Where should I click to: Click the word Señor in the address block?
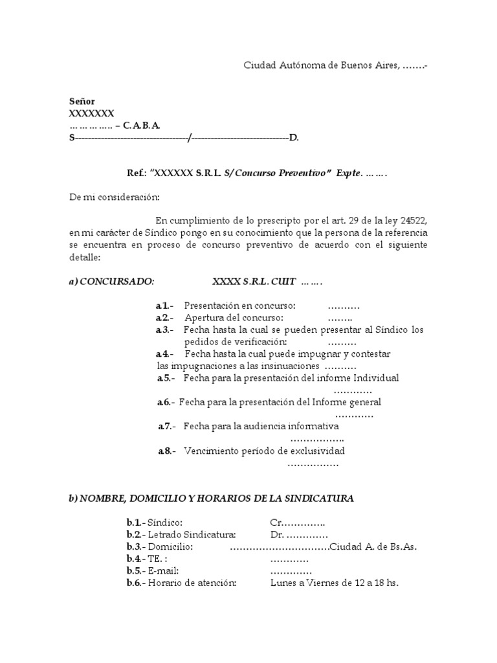82,101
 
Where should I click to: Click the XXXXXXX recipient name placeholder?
92,113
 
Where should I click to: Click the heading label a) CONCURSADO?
112,282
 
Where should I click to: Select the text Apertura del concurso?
234,317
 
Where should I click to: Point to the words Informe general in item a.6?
348,402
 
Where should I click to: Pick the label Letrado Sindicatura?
192,534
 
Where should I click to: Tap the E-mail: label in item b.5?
163,570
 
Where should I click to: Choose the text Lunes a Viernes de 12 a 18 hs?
334,583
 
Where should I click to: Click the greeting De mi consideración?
114,197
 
